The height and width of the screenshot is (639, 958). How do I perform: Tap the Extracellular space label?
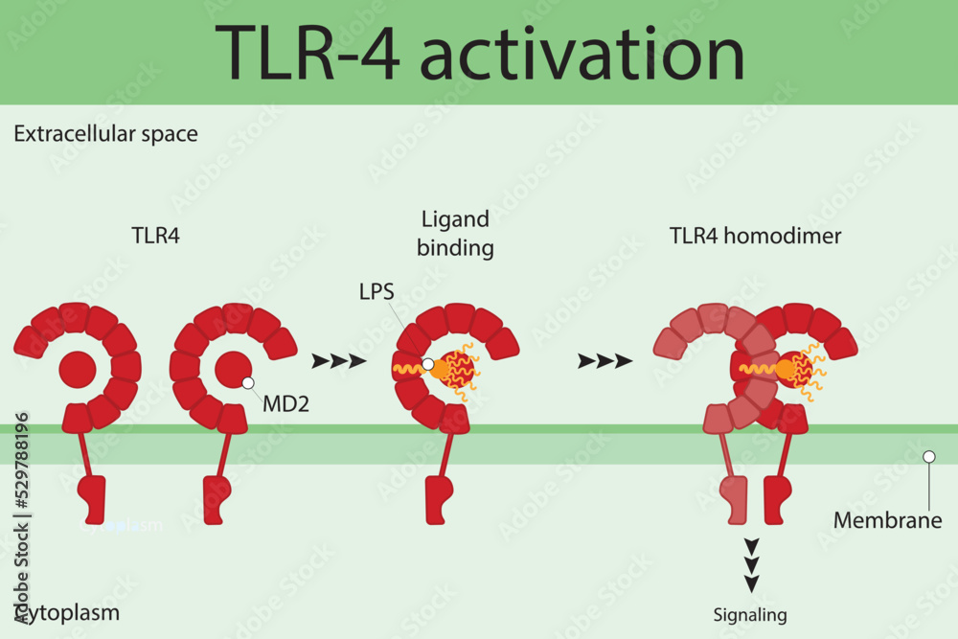(x=105, y=133)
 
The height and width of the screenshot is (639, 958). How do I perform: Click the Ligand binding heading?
(x=455, y=234)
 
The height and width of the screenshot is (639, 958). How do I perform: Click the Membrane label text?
(x=887, y=521)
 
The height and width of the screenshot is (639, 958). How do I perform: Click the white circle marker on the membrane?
(x=927, y=457)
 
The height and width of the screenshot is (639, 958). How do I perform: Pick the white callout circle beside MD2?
(x=248, y=382)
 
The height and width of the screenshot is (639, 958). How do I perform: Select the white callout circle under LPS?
(x=428, y=364)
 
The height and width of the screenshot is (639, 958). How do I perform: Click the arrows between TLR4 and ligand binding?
(x=338, y=361)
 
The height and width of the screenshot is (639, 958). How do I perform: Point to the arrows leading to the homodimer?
(x=604, y=361)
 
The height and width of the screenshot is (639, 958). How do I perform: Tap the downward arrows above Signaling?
(x=752, y=564)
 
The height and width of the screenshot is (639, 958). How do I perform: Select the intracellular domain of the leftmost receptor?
(x=90, y=498)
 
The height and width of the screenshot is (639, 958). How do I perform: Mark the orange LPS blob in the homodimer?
(x=786, y=368)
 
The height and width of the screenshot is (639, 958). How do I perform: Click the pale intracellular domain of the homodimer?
(x=733, y=500)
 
